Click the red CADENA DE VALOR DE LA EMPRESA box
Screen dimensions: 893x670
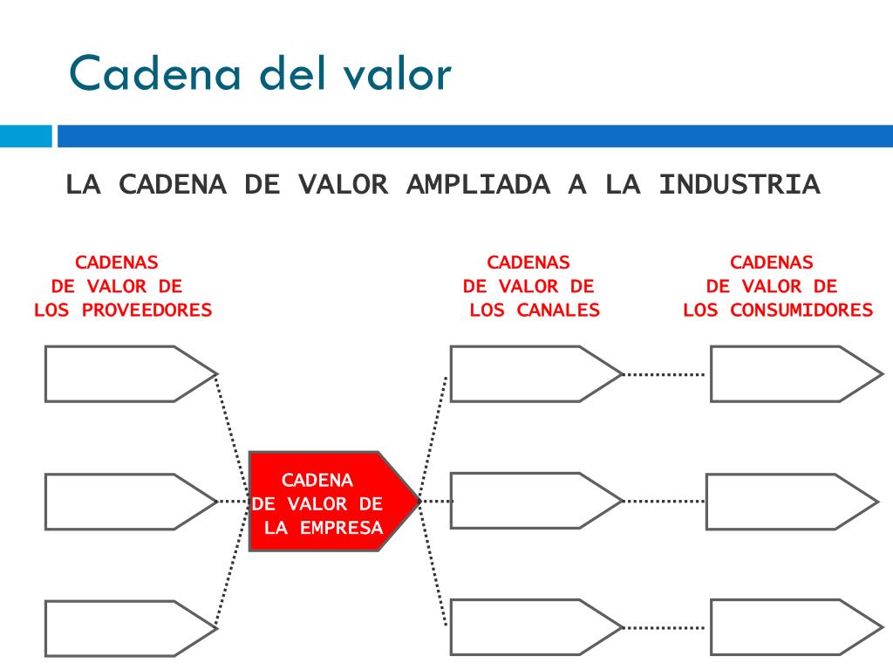tap(334, 502)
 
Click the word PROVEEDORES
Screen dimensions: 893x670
tap(147, 310)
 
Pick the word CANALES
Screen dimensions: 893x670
tap(558, 310)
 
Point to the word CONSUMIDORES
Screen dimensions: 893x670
tap(801, 310)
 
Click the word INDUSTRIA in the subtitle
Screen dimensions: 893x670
tap(740, 185)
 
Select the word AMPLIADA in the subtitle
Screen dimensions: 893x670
tap(479, 185)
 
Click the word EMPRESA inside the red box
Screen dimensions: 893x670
tap(342, 528)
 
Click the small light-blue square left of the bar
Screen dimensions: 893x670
tap(25, 136)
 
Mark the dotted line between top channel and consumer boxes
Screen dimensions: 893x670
tap(665, 374)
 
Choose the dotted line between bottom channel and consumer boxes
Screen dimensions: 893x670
tap(665, 628)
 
